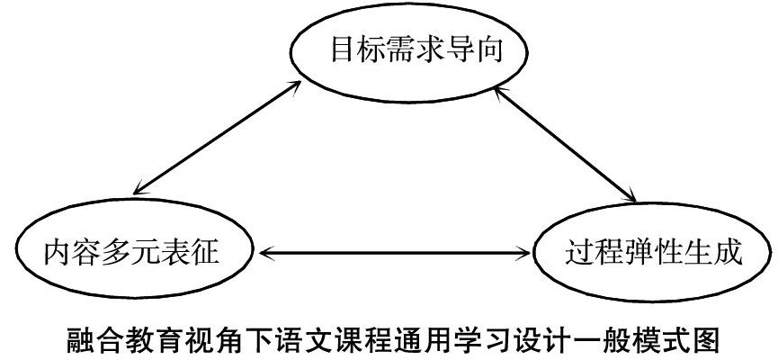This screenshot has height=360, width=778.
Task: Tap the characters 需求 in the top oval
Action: (x=399, y=52)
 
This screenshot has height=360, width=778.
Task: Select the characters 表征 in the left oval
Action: (x=200, y=252)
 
